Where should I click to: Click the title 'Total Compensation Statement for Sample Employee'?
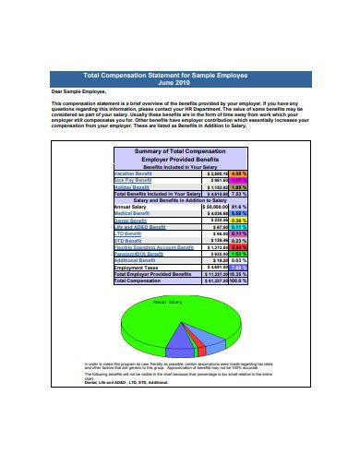click(x=180, y=76)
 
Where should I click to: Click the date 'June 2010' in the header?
click(x=180, y=83)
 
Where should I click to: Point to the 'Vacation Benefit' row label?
click(x=134, y=173)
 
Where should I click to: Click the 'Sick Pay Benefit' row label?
click(x=132, y=180)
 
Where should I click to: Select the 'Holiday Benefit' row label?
click(x=132, y=187)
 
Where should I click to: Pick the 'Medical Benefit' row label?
click(x=134, y=214)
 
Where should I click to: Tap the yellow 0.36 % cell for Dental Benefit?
click(x=237, y=221)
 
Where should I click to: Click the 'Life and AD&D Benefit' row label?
click(x=139, y=228)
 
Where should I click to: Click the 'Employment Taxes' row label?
click(x=136, y=268)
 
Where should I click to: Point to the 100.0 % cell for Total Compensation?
click(x=237, y=281)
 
